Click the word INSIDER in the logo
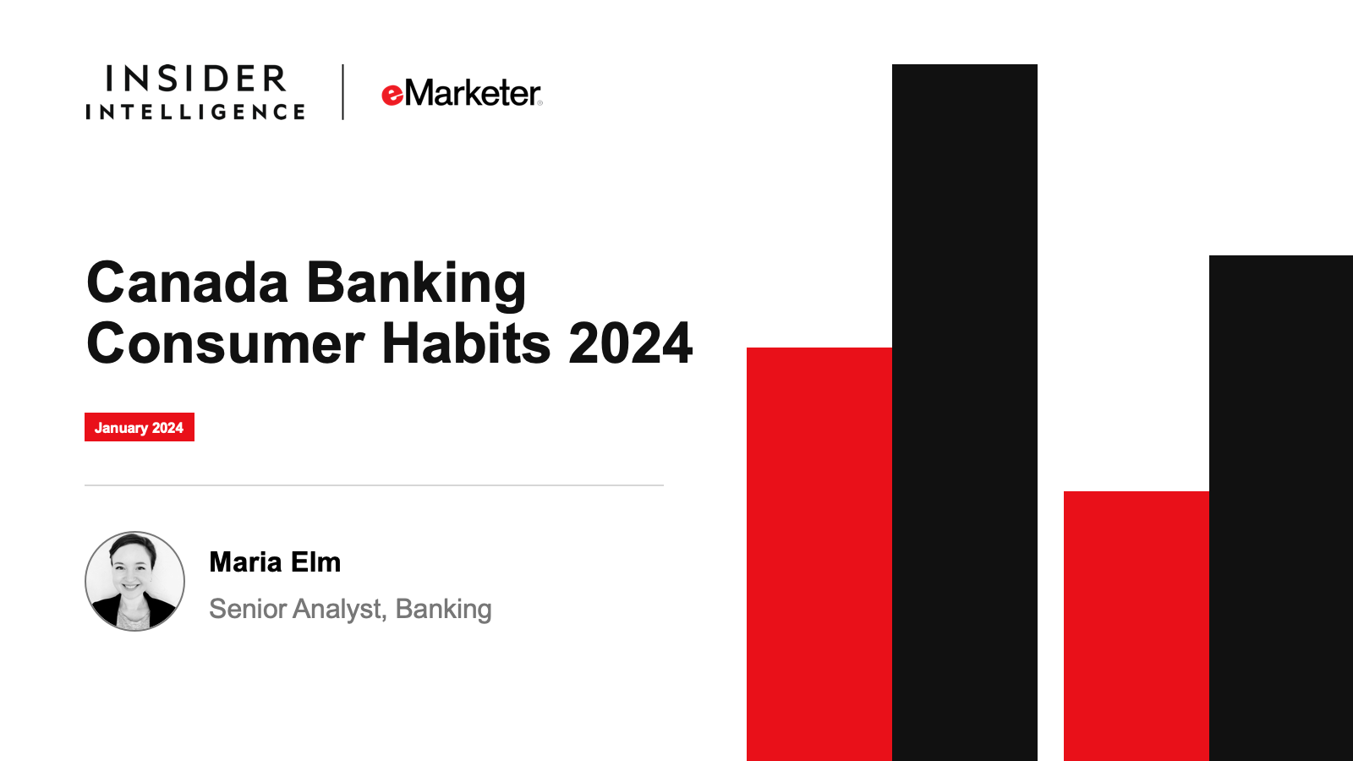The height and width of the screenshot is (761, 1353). [195, 79]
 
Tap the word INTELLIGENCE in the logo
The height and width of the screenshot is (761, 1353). [195, 112]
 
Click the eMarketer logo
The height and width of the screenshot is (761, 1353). [462, 94]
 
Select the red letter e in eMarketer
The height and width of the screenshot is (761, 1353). [392, 96]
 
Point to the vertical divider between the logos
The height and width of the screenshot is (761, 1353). [342, 92]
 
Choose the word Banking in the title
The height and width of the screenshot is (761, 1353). [416, 285]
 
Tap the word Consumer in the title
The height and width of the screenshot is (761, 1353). [226, 343]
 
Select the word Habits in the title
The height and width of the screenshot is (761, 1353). [466, 342]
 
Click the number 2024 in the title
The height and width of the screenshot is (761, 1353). [630, 343]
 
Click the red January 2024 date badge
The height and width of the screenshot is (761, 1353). [140, 427]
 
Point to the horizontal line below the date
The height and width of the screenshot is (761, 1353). [374, 485]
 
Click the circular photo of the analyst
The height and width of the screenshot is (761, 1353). [134, 581]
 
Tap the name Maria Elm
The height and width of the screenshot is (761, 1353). [275, 562]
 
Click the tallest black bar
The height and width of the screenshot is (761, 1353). [965, 413]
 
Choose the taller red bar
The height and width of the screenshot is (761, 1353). [819, 555]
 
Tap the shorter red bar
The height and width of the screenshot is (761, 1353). [1137, 627]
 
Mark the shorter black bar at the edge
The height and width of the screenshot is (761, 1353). [1281, 508]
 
